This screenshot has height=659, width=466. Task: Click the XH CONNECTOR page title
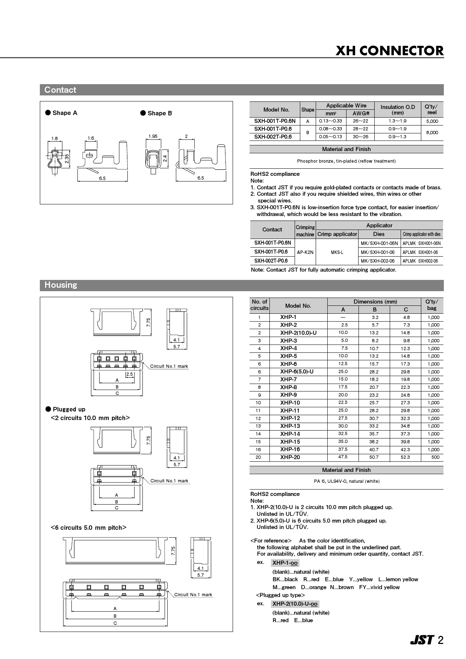pyautogui.click(x=389, y=51)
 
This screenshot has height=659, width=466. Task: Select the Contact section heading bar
pyautogui.click(x=242, y=90)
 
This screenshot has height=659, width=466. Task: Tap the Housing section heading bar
pyautogui.click(x=242, y=285)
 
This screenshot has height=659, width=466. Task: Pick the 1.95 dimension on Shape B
pyautogui.click(x=153, y=136)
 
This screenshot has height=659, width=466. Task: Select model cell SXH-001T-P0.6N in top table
pyautogui.click(x=275, y=121)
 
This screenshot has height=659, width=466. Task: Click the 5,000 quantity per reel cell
pyautogui.click(x=432, y=121)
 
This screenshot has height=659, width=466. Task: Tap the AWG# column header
pyautogui.click(x=361, y=113)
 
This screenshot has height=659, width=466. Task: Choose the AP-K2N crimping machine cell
pyautogui.click(x=305, y=252)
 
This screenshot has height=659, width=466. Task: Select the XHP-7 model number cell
pyautogui.click(x=288, y=379)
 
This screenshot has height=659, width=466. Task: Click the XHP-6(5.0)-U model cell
pyautogui.click(x=297, y=372)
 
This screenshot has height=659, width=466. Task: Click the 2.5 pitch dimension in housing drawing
pyautogui.click(x=130, y=374)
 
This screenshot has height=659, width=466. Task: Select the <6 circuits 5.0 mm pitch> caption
pyautogui.click(x=89, y=528)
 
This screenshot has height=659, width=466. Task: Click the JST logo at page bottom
pyautogui.click(x=422, y=640)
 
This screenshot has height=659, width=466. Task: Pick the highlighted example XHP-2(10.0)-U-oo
pyautogui.click(x=295, y=604)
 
